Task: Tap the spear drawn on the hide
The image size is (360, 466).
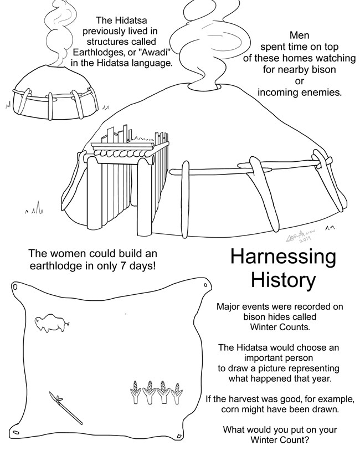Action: click(66, 408)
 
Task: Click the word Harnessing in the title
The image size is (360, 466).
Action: click(283, 257)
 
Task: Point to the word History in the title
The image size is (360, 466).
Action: click(283, 280)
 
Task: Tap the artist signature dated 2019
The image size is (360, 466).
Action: click(301, 236)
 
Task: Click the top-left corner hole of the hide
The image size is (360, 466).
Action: click(14, 288)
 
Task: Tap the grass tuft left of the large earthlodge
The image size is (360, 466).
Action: click(35, 208)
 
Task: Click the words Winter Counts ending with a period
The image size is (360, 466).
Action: click(280, 327)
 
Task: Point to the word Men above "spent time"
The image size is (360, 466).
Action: click(300, 35)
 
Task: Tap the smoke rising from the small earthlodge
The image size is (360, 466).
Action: click(60, 33)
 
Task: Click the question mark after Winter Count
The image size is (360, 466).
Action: click(306, 439)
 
